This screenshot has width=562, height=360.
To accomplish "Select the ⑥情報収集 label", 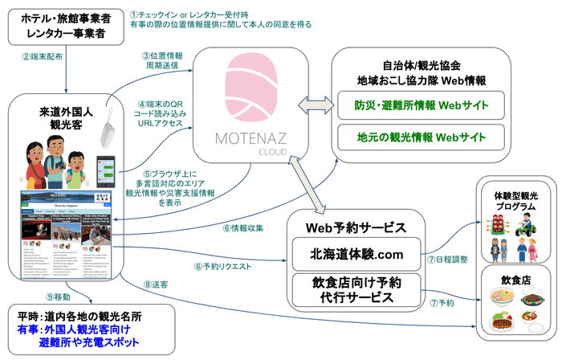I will pos(240,227).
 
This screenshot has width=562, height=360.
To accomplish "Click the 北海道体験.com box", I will pos(356,254).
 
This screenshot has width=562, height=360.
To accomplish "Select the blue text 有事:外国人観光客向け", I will pos(67,329).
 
